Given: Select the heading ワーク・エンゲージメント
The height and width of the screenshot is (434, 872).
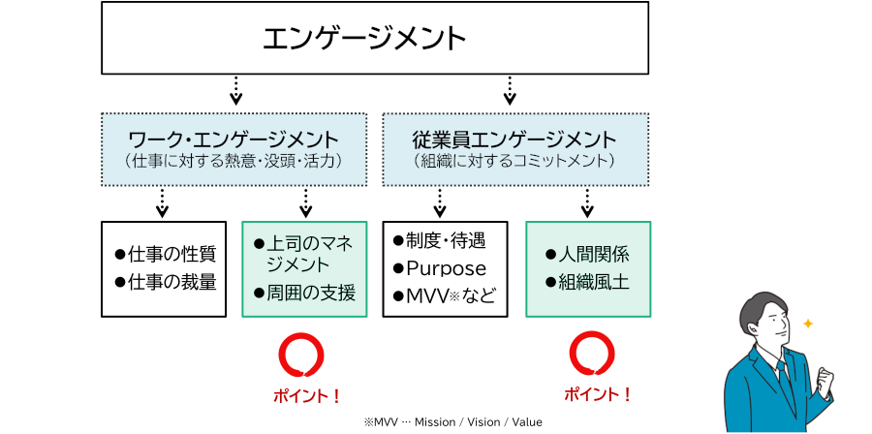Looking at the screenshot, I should pyautogui.click(x=234, y=139).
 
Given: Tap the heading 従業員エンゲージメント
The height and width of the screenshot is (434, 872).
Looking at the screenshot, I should pyautogui.click(x=514, y=139).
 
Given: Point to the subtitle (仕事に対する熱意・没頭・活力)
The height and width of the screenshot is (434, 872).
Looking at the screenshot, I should pyautogui.click(x=234, y=161).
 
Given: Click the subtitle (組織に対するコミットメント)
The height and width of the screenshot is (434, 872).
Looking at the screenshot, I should pyautogui.click(x=514, y=161).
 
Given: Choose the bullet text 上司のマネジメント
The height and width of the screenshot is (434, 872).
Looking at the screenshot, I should pyautogui.click(x=303, y=254).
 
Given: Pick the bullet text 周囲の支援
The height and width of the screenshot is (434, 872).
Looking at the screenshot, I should pyautogui.click(x=311, y=292).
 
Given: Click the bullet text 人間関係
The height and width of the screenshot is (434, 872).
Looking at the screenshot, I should pyautogui.click(x=594, y=256).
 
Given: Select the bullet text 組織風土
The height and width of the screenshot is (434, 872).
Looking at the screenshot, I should pyautogui.click(x=594, y=283).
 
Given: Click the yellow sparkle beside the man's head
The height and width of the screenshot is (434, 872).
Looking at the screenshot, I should pyautogui.click(x=808, y=324).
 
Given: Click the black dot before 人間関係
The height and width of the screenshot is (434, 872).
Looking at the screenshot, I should pyautogui.click(x=550, y=256).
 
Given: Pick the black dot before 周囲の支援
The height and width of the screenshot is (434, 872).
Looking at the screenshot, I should pyautogui.click(x=259, y=292).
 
